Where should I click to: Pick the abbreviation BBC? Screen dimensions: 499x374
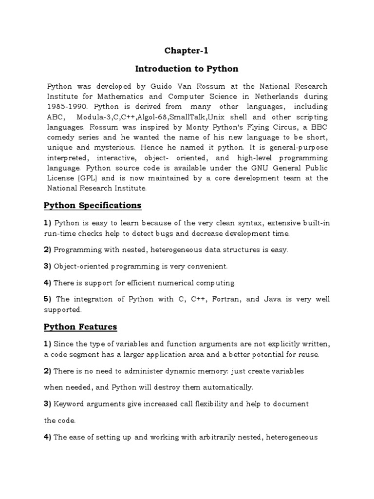click(x=318, y=127)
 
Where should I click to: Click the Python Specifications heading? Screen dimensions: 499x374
click(x=93, y=205)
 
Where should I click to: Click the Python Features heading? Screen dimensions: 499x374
click(x=80, y=326)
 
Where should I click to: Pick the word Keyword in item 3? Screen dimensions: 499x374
click(x=69, y=404)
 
